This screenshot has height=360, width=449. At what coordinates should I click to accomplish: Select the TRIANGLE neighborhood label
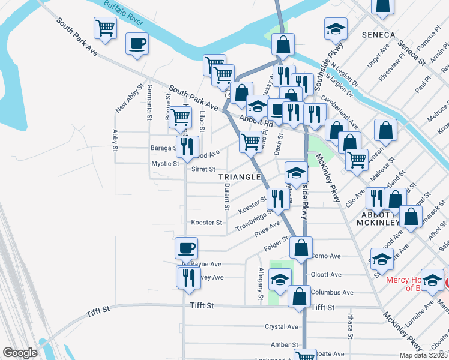click(240, 177)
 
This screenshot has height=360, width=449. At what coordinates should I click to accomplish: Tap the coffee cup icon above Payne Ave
click(185, 247)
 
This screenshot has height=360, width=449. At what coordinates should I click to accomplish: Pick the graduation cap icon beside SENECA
click(336, 28)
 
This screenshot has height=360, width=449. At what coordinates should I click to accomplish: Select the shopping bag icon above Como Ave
click(301, 247)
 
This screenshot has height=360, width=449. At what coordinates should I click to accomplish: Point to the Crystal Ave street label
click(282, 327)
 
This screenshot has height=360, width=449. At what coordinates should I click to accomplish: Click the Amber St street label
click(285, 344)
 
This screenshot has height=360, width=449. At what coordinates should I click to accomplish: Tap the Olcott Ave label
click(326, 275)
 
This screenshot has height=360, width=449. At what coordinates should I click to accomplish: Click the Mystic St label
click(165, 163)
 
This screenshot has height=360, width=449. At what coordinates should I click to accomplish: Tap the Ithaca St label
click(349, 325)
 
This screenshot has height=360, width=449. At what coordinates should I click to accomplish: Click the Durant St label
click(227, 196)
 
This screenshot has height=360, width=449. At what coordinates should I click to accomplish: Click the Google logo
click(20, 353)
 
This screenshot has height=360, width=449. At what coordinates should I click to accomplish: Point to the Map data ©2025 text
click(423, 355)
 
